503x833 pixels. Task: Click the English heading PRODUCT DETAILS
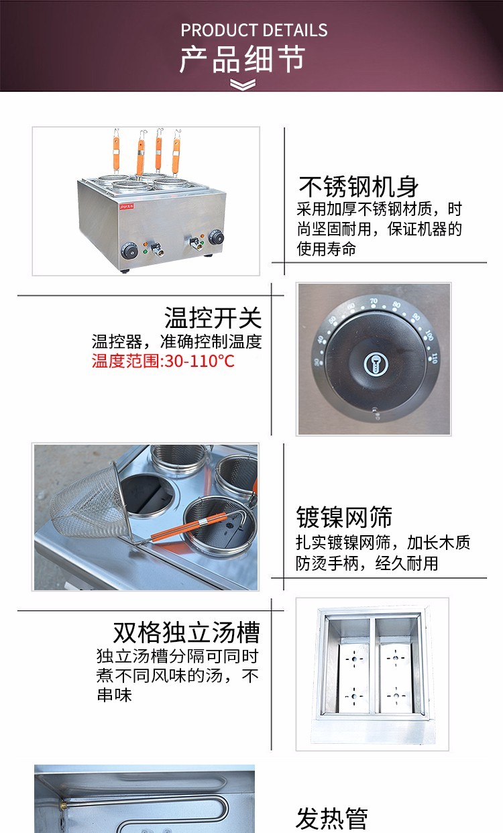pos(254,30)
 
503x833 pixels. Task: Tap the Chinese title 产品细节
pos(242,60)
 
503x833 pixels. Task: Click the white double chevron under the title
pos(243,85)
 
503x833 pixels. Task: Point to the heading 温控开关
pos(213,317)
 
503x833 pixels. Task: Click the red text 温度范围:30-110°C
pos(163,362)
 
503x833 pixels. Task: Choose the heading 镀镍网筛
pos(344,517)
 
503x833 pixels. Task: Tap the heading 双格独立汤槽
pos(186,632)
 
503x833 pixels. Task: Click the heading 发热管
pos(332,818)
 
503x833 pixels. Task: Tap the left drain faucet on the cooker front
pos(156,249)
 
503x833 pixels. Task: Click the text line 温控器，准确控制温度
pos(176,341)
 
